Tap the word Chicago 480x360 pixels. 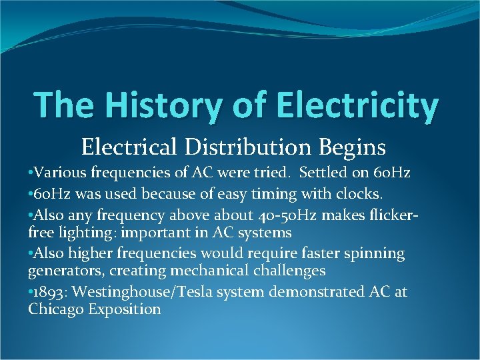tap(54, 309)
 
